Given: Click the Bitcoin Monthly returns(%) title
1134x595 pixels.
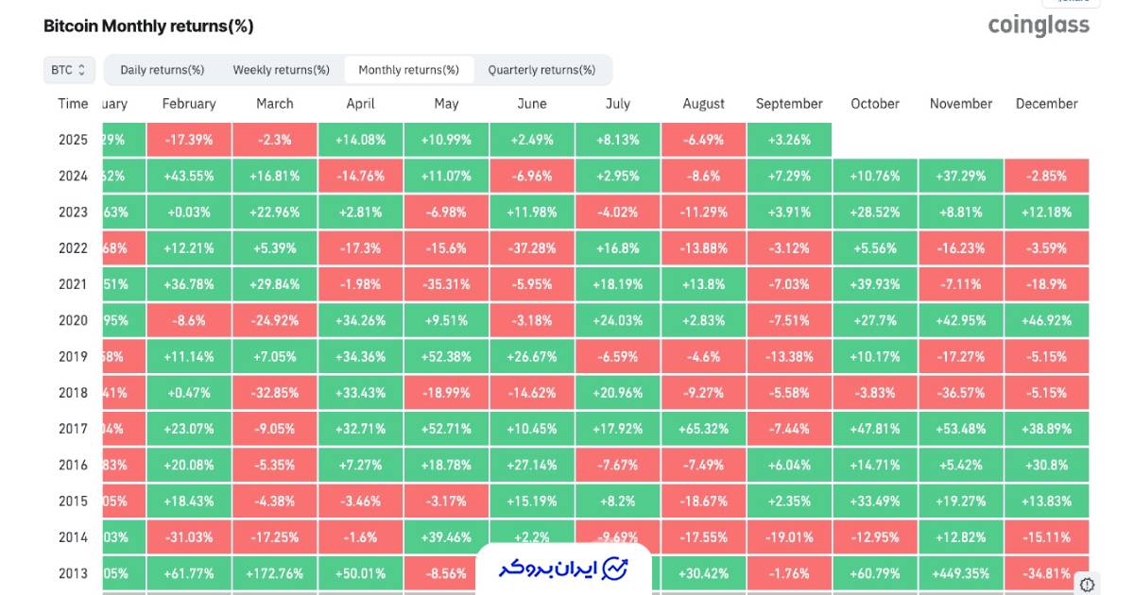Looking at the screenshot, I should [x=148, y=26].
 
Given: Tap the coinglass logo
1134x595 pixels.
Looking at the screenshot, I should [x=1039, y=25].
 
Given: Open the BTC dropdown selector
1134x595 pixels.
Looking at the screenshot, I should [x=69, y=70].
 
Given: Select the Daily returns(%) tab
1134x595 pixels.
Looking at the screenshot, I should [x=163, y=70].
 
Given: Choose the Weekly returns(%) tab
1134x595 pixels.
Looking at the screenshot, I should [x=282, y=70].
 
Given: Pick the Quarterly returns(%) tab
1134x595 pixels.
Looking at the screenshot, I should [x=541, y=70].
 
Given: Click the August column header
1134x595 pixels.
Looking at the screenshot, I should [x=703, y=104].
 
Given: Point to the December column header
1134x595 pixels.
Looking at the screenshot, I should [x=1046, y=104].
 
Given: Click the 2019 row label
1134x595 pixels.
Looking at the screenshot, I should [x=73, y=357].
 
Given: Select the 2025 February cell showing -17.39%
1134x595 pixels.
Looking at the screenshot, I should [x=189, y=140].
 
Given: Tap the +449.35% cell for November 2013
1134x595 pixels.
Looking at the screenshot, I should [x=961, y=573].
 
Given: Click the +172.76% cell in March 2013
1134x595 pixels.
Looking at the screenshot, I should [x=275, y=573].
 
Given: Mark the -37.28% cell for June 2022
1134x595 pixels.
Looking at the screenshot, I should [x=532, y=248].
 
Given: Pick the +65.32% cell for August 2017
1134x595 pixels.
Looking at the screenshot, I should [x=704, y=429].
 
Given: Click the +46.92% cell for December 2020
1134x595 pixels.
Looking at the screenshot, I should [x=1046, y=320].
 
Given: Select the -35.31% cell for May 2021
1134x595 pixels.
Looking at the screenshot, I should [x=446, y=284].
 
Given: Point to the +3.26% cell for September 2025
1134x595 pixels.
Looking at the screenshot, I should [x=789, y=140].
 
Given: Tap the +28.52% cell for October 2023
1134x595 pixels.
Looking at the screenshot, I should [x=875, y=212].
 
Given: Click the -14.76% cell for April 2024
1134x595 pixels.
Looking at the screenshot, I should [x=360, y=176].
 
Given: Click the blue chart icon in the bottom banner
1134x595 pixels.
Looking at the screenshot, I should [x=615, y=569].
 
